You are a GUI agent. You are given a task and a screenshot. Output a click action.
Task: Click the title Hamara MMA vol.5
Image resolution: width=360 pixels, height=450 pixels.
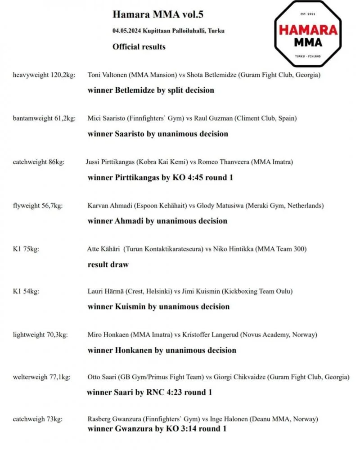158,15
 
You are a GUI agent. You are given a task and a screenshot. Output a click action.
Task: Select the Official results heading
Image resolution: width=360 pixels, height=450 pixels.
139,46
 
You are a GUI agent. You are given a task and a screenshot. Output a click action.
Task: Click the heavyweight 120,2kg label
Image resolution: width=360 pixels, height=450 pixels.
44,75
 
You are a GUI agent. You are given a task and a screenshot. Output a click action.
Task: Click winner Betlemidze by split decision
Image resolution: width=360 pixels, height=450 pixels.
151,90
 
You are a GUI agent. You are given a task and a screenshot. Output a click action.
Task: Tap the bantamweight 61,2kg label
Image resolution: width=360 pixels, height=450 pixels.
44,118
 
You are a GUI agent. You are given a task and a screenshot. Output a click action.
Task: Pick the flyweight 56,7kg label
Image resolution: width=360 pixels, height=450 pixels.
38,206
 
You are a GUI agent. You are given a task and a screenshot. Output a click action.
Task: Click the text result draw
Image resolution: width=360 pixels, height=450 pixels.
108,265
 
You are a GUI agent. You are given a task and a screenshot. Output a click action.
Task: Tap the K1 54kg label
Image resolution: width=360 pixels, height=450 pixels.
26,291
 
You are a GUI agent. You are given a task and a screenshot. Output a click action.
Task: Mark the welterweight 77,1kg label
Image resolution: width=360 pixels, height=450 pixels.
43,377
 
